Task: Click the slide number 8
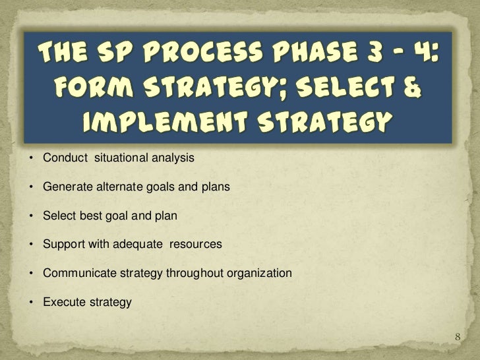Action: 460,338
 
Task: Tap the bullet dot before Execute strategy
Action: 31,303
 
